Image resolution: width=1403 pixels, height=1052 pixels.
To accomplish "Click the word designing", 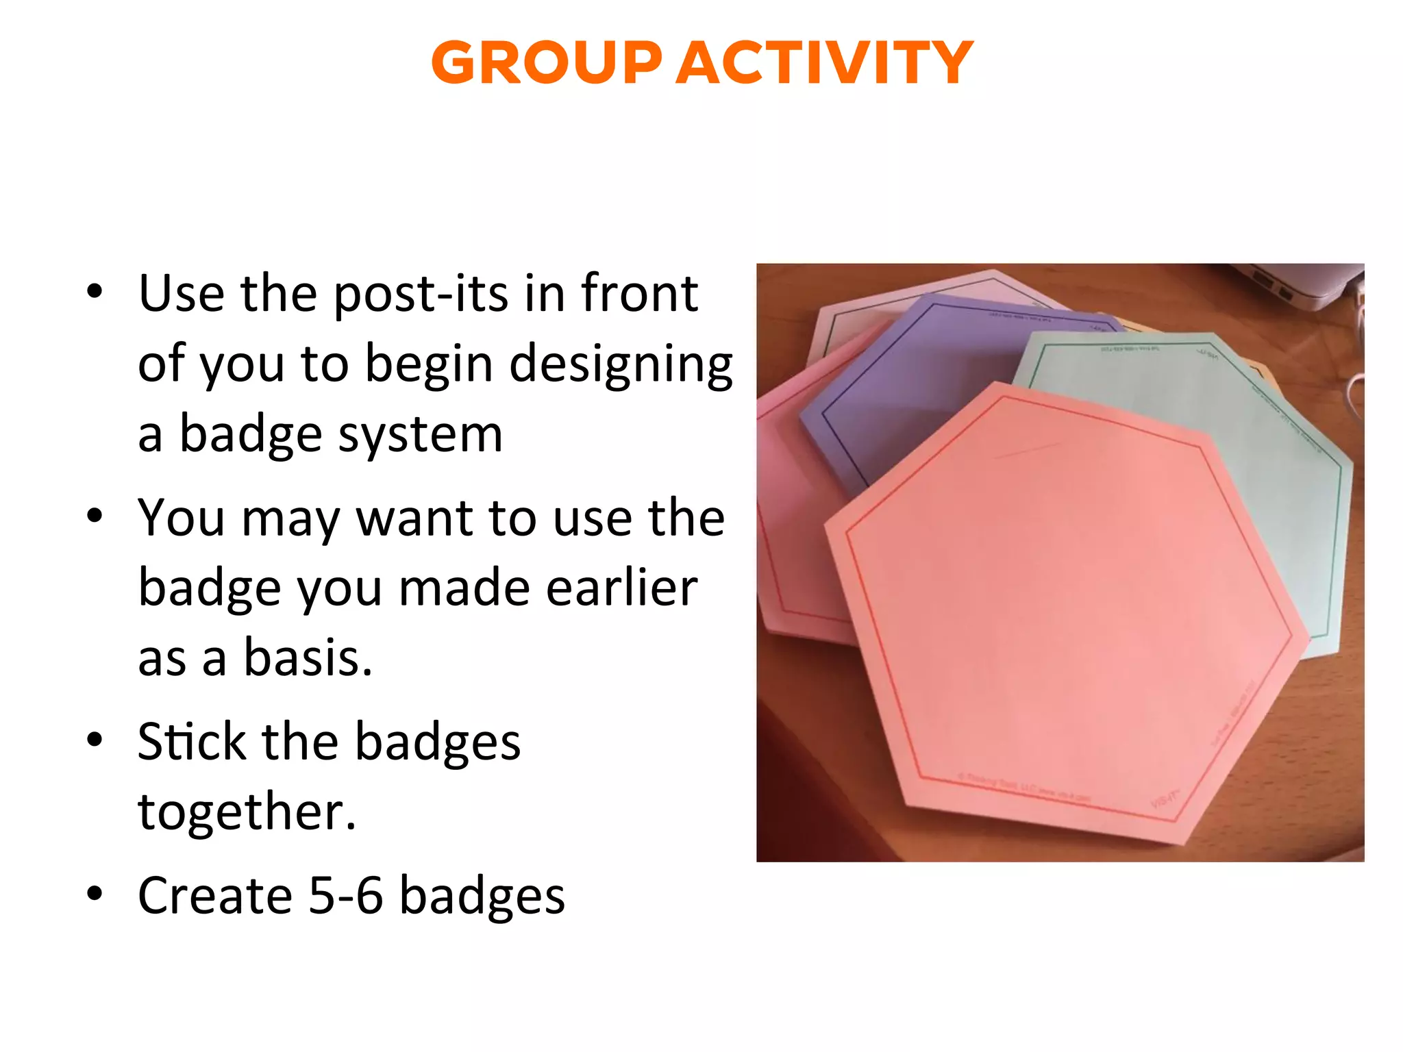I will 621,364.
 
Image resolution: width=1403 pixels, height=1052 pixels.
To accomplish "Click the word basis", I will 308,657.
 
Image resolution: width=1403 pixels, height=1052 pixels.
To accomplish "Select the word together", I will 247,812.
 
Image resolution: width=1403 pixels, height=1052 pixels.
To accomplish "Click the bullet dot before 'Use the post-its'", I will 95,292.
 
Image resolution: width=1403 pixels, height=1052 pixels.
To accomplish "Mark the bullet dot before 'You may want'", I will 95,515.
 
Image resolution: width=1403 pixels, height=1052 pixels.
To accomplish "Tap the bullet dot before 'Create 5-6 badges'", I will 95,893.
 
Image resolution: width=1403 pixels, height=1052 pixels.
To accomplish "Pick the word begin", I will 428,364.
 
